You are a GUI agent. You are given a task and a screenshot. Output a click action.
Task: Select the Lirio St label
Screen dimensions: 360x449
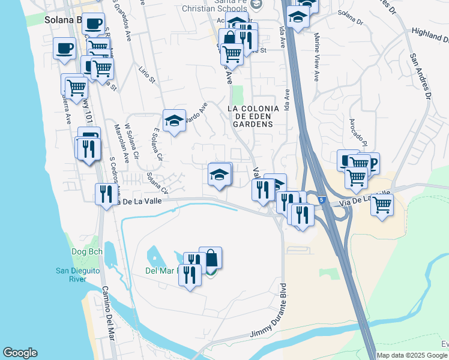point(147,77)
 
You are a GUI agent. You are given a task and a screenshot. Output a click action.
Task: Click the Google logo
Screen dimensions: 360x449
point(20,353)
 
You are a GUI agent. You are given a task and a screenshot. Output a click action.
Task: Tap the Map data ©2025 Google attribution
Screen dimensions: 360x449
point(412,355)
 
